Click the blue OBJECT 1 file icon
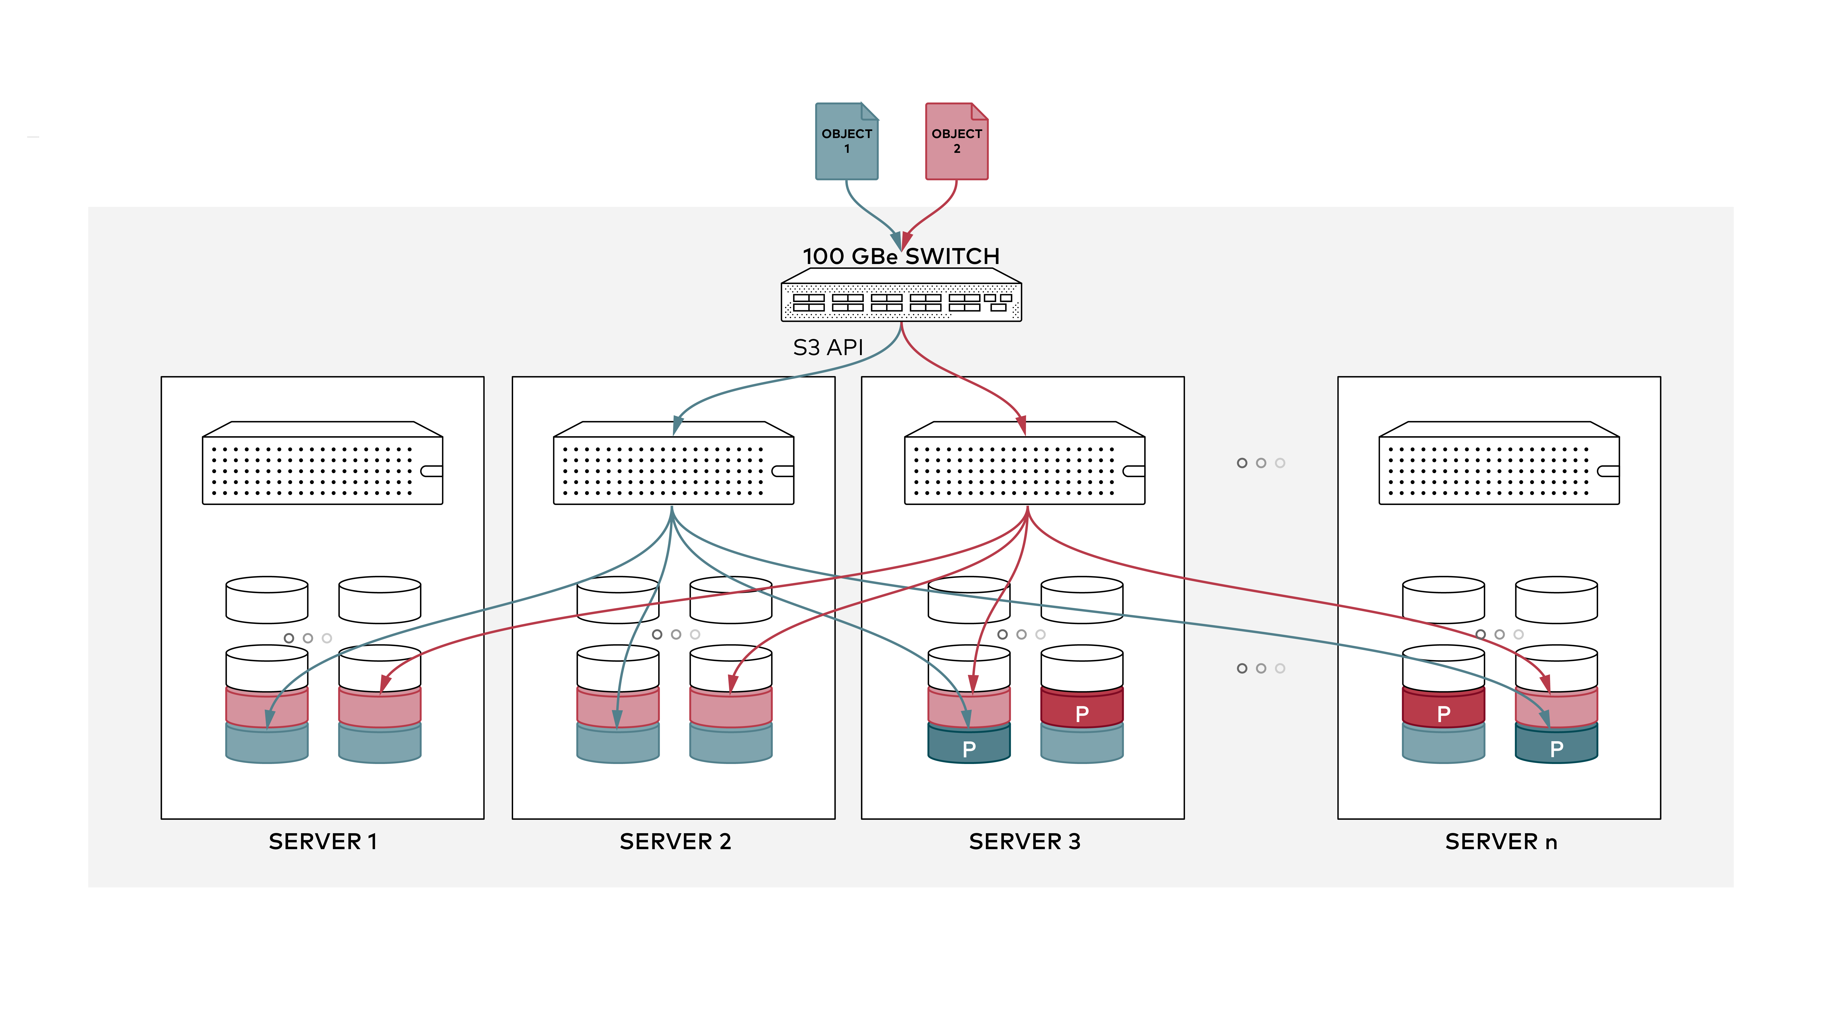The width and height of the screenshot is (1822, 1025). coord(847,141)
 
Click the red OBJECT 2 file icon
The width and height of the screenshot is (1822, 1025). coord(956,141)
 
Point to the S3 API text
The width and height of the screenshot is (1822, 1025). coord(828,347)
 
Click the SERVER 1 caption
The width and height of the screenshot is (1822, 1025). coord(322,842)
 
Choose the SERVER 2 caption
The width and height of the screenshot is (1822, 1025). coord(675,842)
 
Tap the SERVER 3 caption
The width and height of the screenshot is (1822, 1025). coord(1024,842)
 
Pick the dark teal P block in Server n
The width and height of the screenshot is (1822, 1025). coord(1556,746)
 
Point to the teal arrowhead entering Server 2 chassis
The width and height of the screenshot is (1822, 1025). coord(677,425)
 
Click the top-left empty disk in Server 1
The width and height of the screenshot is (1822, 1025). coord(267,600)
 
